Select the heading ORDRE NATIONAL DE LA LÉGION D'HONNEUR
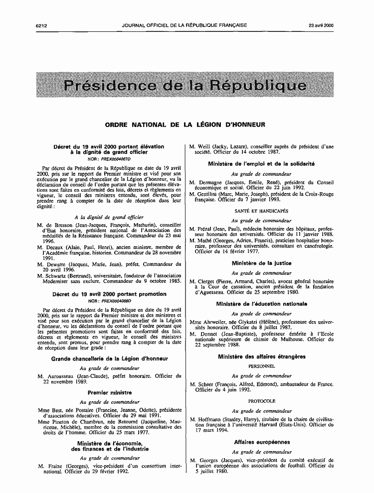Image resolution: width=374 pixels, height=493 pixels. point(185,124)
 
